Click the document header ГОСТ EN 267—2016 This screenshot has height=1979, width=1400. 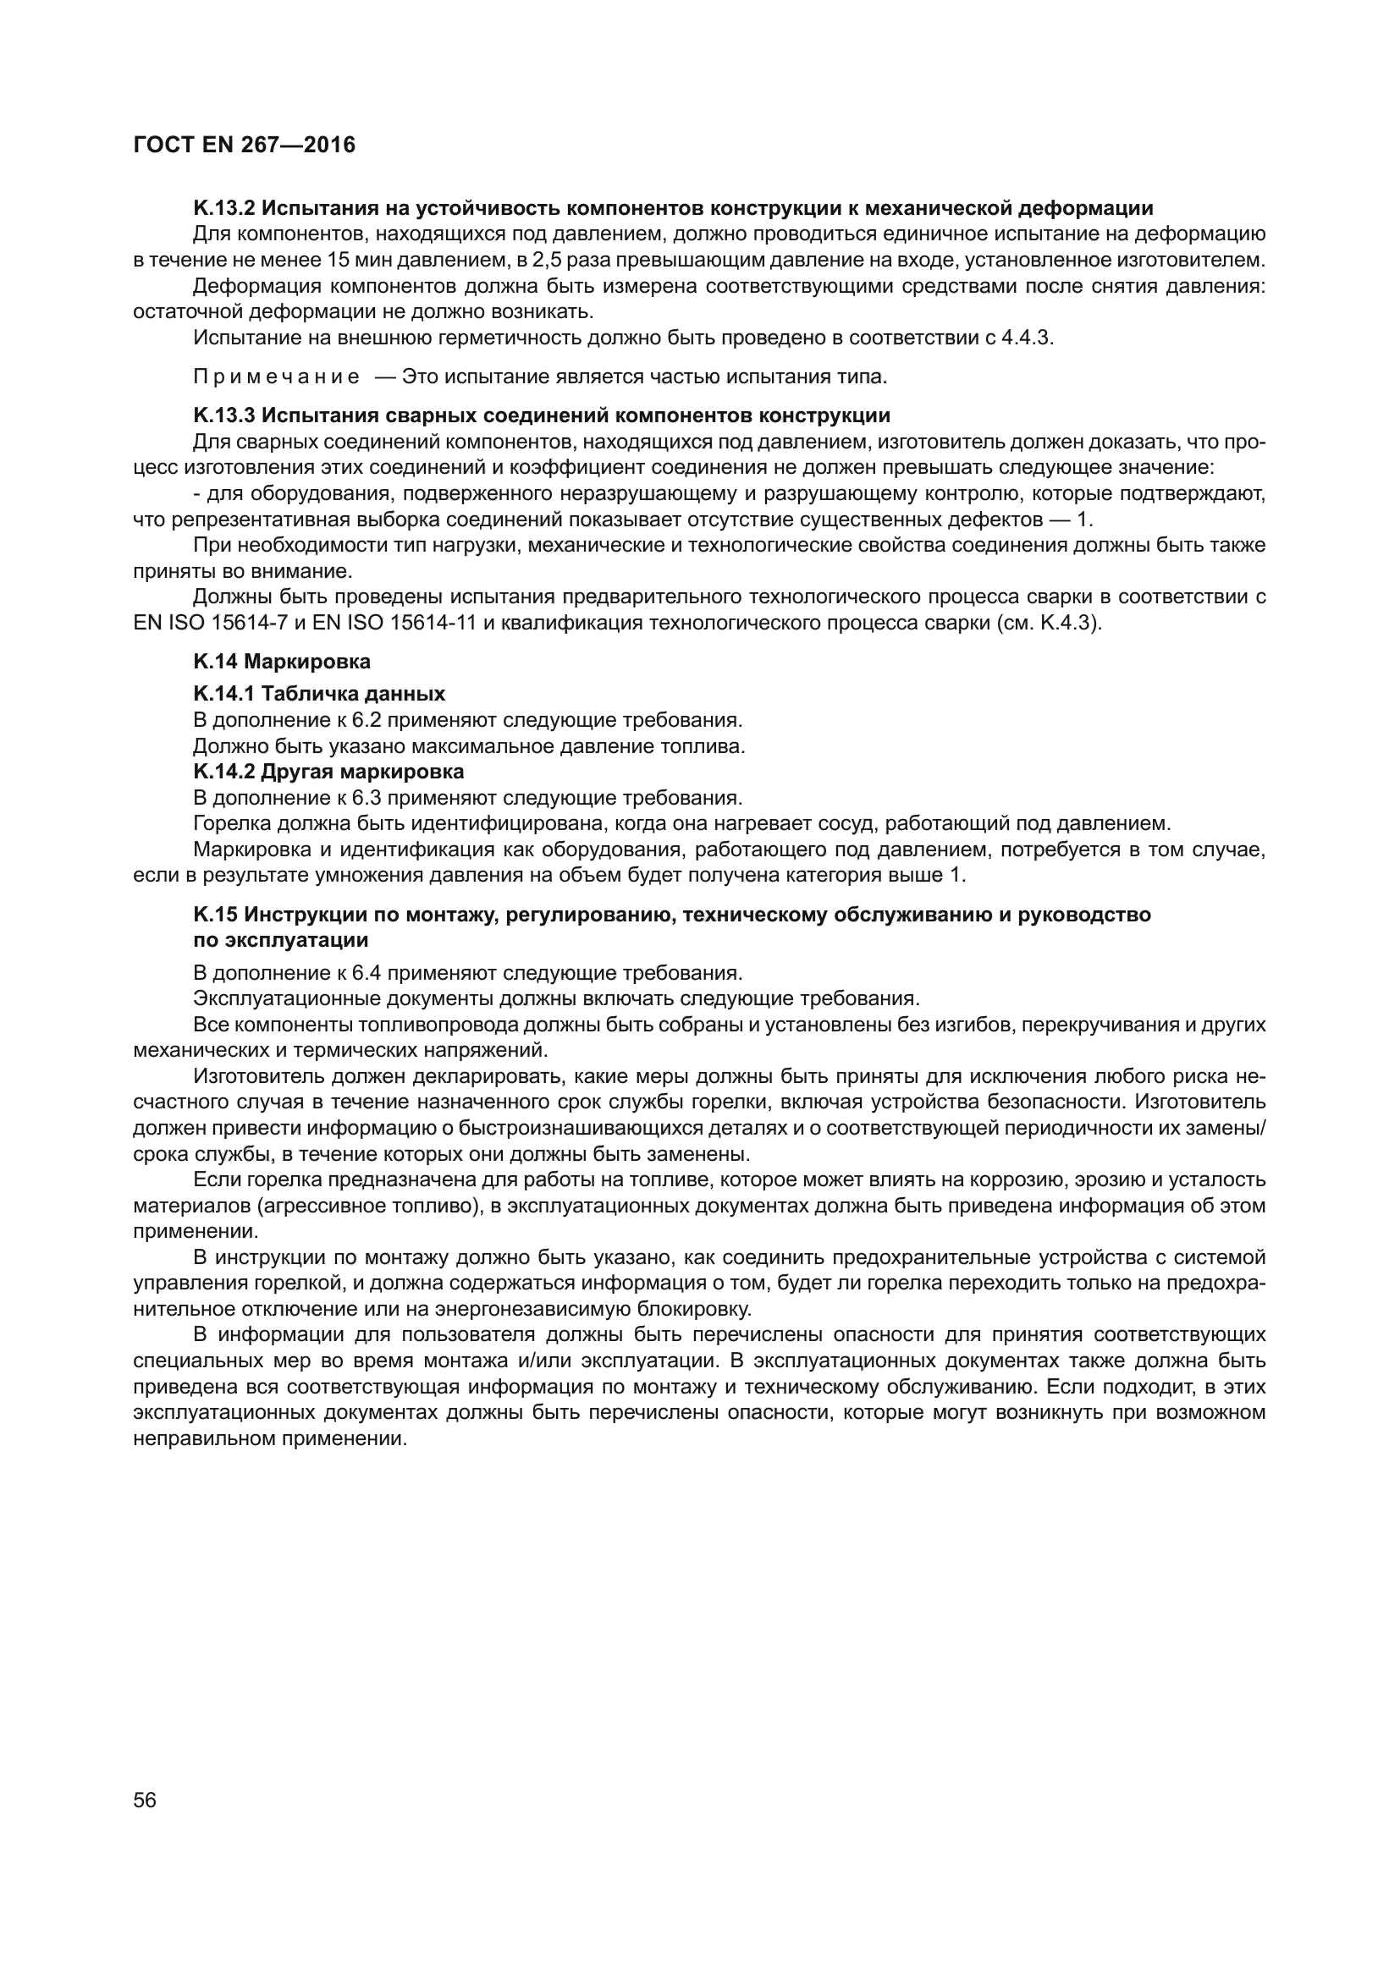(x=244, y=145)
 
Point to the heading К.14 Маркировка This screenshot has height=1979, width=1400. (x=282, y=661)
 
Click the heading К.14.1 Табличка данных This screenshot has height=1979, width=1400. (x=319, y=693)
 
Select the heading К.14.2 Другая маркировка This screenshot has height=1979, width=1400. (x=328, y=771)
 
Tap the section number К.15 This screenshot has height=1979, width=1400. (x=216, y=915)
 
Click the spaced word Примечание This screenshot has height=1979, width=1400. (x=277, y=377)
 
